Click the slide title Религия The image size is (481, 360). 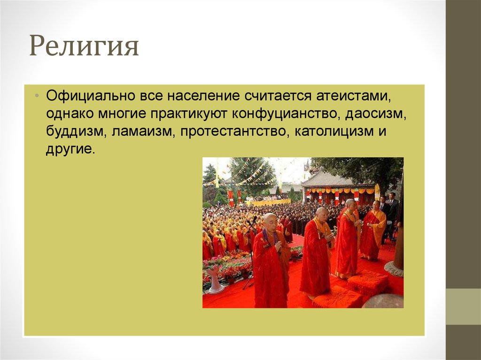coord(84,47)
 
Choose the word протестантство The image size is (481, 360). coord(233,132)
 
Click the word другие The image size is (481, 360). coord(70,150)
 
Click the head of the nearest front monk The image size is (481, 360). coord(270,221)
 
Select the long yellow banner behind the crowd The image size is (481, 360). coord(268,202)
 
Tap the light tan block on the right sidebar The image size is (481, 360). coord(463,306)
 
